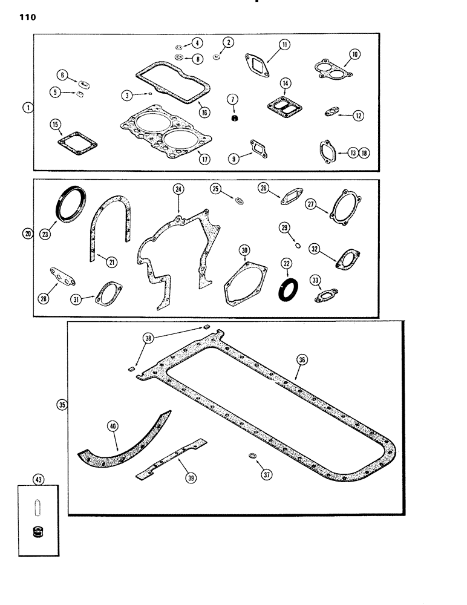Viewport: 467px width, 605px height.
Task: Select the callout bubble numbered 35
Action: tap(60, 406)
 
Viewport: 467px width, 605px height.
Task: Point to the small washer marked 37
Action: tap(250, 456)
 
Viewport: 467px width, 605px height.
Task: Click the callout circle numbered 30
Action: tap(244, 250)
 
